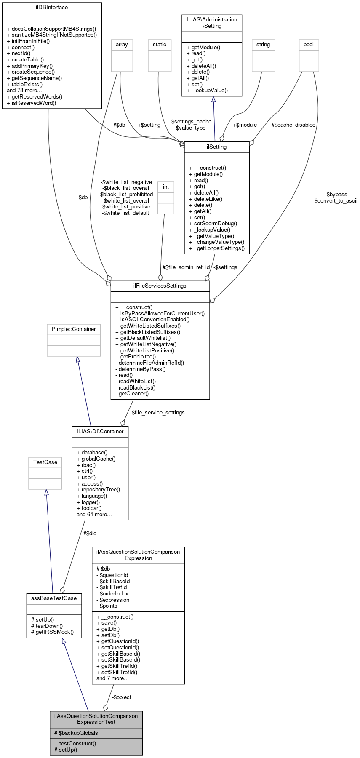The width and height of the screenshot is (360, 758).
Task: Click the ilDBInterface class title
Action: point(52,8)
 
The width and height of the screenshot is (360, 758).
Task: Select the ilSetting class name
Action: point(217,147)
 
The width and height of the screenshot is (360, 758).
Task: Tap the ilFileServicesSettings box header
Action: point(160,286)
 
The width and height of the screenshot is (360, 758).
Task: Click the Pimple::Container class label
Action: point(74,329)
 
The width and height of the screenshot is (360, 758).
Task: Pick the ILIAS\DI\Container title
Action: point(100,432)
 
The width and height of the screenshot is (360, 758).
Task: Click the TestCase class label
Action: point(45,462)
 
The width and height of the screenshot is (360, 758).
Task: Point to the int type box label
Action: point(166,187)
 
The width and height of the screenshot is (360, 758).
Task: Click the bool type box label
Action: point(309,45)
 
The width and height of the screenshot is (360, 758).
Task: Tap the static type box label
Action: point(160,45)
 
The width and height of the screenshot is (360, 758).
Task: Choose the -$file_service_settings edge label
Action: point(157,413)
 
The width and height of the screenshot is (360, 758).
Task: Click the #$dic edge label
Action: point(90,534)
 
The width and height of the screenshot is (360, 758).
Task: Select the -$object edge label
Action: point(122,697)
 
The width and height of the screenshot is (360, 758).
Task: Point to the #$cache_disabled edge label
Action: point(293,125)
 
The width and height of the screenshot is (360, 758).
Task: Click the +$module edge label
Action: point(245,125)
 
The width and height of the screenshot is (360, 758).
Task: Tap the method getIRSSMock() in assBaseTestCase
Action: point(54,632)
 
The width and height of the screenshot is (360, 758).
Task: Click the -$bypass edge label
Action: point(336,195)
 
